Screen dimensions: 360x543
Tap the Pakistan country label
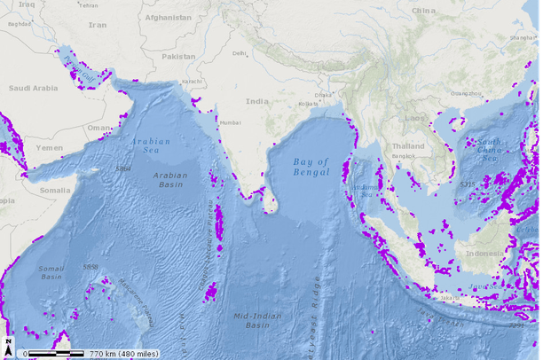click(178, 56)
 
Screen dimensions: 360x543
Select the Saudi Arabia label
click(33, 88)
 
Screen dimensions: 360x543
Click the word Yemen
click(50, 149)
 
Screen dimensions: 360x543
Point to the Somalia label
click(29, 190)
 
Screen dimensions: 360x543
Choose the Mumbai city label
click(230, 122)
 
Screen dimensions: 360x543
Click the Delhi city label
click(240, 53)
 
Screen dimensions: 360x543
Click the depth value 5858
click(90, 266)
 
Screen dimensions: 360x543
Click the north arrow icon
click(8, 343)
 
